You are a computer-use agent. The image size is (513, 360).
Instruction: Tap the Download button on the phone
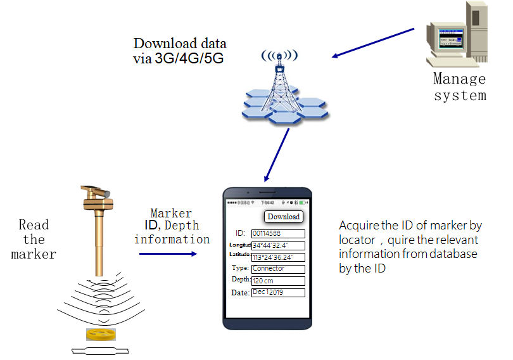(283, 216)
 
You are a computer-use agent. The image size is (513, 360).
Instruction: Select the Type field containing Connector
(277, 269)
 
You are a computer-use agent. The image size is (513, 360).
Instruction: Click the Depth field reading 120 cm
(277, 281)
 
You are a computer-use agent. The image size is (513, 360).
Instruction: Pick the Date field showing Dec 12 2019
(277, 293)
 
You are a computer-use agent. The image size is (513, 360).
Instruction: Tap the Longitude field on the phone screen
(277, 246)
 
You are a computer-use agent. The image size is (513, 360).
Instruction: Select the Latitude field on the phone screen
(277, 257)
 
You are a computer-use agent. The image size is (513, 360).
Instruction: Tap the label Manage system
(460, 87)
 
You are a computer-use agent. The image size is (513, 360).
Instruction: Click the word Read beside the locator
(34, 224)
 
